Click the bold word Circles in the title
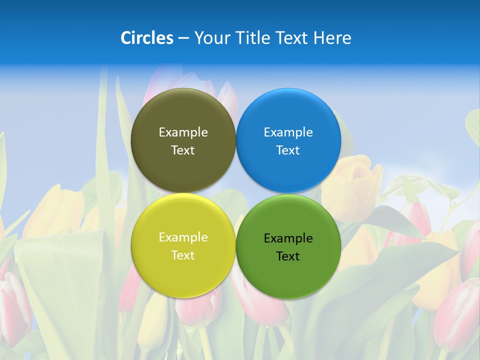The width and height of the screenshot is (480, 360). (x=147, y=38)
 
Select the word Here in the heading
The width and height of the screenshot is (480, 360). (x=332, y=38)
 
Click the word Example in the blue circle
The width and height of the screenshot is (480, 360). (x=288, y=132)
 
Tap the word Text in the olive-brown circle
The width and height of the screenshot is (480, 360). (x=183, y=150)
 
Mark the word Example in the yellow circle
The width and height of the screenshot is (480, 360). (x=183, y=237)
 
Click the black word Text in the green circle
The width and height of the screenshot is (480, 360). (x=288, y=256)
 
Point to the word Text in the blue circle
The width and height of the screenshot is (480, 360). (x=288, y=150)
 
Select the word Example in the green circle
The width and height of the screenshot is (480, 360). (x=288, y=238)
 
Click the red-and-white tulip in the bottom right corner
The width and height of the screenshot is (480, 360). (x=457, y=315)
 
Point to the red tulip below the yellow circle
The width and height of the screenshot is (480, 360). (x=197, y=307)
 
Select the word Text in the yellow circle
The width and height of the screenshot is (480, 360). (x=183, y=255)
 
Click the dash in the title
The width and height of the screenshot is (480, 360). (x=183, y=38)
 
